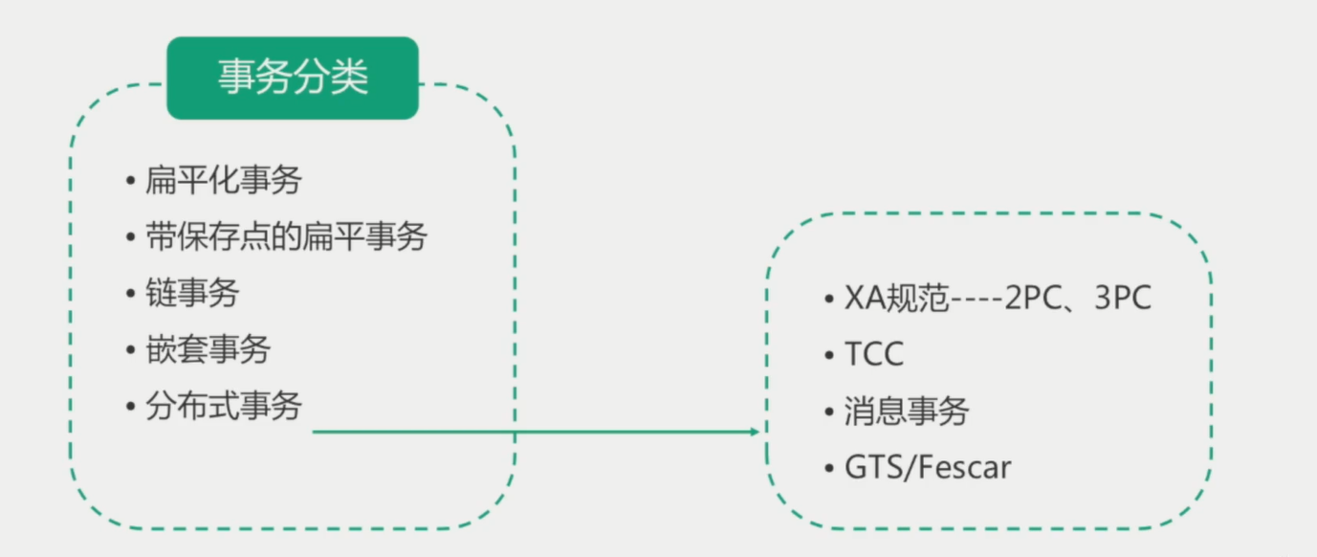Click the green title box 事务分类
(x=293, y=78)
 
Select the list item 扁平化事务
(x=224, y=180)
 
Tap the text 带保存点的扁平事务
(x=286, y=236)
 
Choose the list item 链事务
(x=192, y=293)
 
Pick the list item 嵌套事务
(x=209, y=349)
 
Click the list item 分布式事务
(x=224, y=406)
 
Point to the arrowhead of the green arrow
(x=755, y=432)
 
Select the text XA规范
(x=897, y=298)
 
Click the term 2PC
(x=1034, y=298)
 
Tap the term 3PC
(x=1123, y=298)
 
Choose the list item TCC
(x=874, y=354)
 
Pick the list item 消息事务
(x=908, y=411)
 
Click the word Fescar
(x=964, y=468)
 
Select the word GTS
(x=873, y=468)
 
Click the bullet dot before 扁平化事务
(x=130, y=181)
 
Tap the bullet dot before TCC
(x=829, y=355)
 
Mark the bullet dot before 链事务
(x=130, y=294)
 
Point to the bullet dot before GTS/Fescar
(x=829, y=468)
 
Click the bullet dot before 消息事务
(x=829, y=412)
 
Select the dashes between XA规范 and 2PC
(x=977, y=300)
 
